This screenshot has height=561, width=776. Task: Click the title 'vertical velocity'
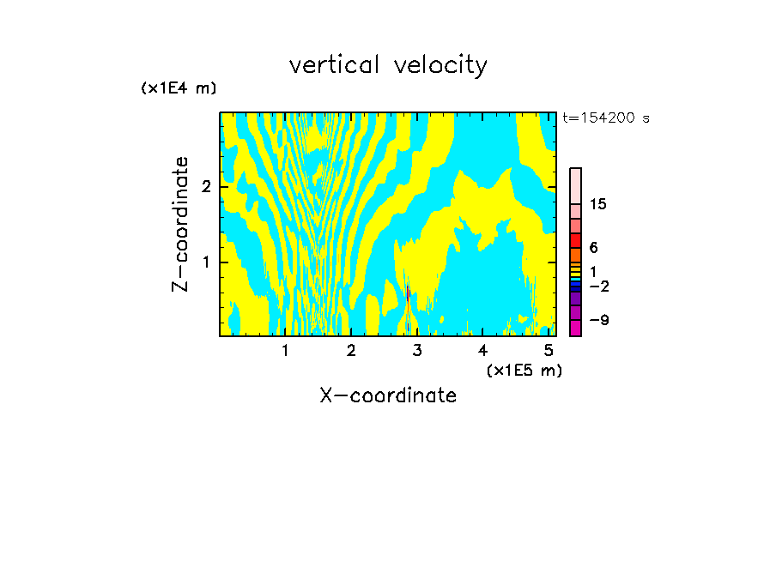point(388,65)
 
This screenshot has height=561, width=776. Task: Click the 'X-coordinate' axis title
point(388,395)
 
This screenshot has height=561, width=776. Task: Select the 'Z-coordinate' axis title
point(180,224)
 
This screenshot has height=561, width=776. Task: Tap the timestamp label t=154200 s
point(606,118)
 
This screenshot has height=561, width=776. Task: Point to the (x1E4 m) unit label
point(179,88)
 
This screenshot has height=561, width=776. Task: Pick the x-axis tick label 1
point(286,351)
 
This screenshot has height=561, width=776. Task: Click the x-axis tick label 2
point(351,351)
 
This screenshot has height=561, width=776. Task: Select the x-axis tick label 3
point(417,351)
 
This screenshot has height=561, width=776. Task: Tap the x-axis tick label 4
point(482,351)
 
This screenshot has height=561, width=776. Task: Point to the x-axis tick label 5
point(549,351)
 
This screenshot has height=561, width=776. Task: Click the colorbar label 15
point(598,204)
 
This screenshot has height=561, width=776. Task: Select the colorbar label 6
point(593,248)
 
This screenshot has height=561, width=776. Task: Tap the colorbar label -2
point(598,287)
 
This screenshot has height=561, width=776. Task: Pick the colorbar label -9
point(598,321)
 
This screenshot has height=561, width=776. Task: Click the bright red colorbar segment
point(576,240)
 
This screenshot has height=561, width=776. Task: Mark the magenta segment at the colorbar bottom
point(576,328)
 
